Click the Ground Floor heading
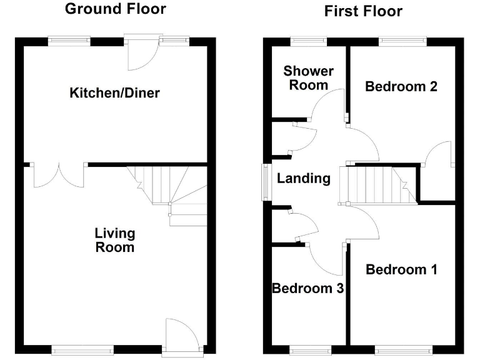(x=116, y=9)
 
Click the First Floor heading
(x=363, y=11)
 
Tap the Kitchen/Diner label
(x=114, y=93)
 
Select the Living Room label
(x=114, y=240)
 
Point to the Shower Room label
(x=309, y=78)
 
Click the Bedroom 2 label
(x=401, y=86)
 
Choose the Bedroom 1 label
(x=401, y=269)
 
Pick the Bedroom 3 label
(x=307, y=288)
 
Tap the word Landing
(x=304, y=178)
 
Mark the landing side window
(x=266, y=182)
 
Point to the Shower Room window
(x=308, y=41)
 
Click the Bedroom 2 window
(x=402, y=41)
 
